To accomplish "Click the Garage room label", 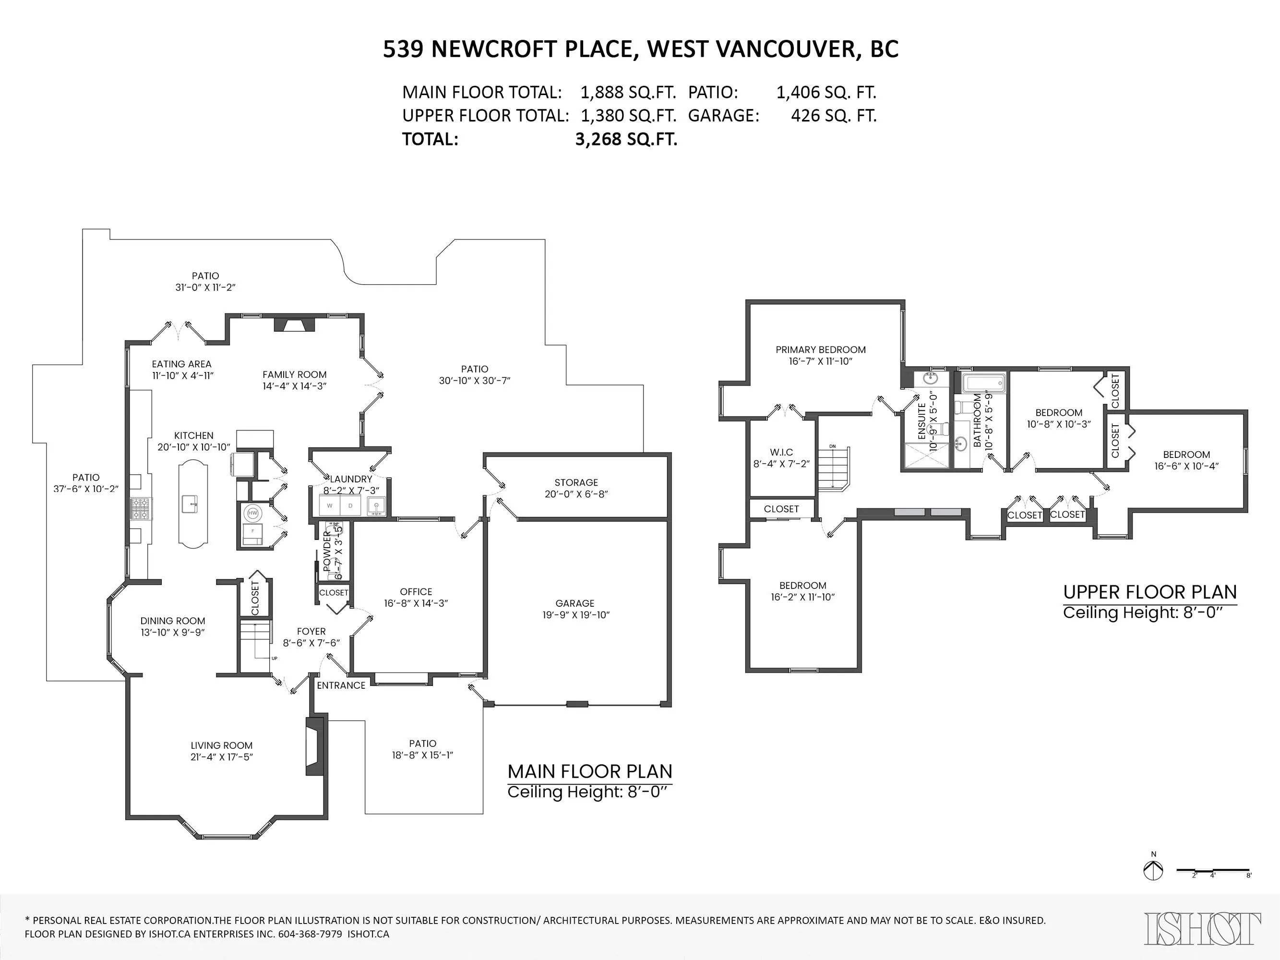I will (574, 603).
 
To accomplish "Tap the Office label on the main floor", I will (416, 591).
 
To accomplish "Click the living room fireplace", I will (315, 746).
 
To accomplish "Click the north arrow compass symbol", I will (1153, 887).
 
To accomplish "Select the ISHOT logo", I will (1202, 929).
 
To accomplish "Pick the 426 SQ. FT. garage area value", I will (833, 116).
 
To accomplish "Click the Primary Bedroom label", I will (821, 349).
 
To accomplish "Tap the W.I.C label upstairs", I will (781, 452).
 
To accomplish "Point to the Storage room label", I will (576, 482).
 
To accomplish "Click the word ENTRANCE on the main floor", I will (341, 685).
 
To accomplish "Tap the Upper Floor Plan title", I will (1150, 592).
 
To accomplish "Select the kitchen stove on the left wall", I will (141, 509).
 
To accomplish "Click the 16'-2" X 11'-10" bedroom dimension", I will (802, 597).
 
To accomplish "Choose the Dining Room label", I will (172, 620).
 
